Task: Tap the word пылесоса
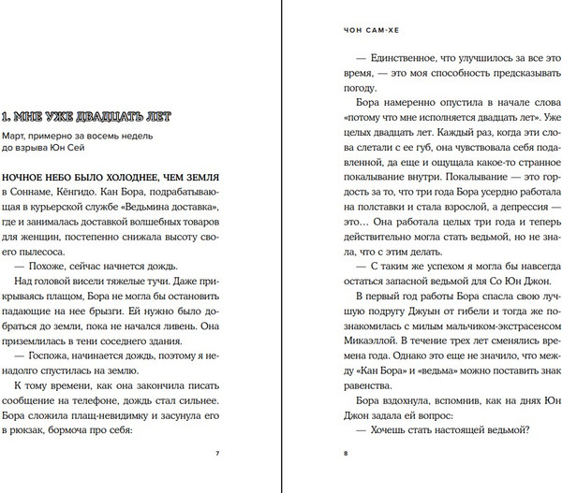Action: pos(37,253)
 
